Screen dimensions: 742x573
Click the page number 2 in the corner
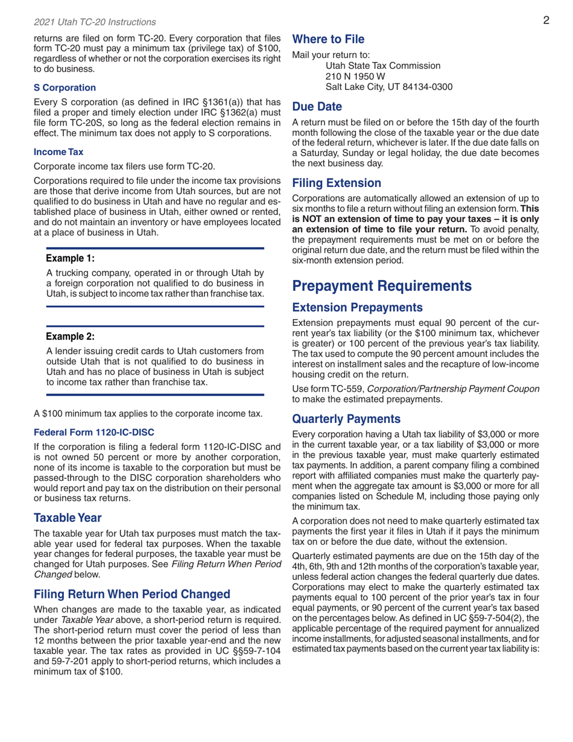tap(545, 21)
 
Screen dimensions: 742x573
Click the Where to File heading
tap(328, 40)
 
